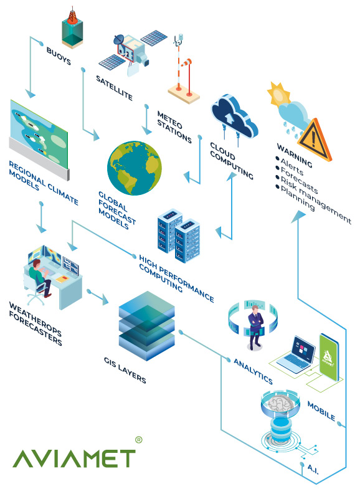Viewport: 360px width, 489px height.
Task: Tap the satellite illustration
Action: click(133, 52)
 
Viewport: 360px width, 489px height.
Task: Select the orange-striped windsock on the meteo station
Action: click(186, 64)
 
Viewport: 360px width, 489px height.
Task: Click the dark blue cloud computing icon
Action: click(234, 117)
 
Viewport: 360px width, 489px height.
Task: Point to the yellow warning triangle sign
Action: click(314, 140)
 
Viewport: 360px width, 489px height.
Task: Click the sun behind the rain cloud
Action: click(278, 93)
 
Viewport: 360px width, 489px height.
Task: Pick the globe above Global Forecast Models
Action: click(135, 168)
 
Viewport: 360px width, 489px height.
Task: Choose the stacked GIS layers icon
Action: click(146, 326)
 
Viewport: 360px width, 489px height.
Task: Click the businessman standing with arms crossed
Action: click(255, 328)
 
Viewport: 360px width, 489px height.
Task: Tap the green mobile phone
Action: click(329, 357)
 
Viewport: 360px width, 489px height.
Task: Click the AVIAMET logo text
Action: click(74, 458)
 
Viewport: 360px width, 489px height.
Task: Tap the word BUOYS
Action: click(59, 56)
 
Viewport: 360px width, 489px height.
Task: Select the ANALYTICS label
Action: click(253, 371)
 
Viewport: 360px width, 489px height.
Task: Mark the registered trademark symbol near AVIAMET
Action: click(139, 440)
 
